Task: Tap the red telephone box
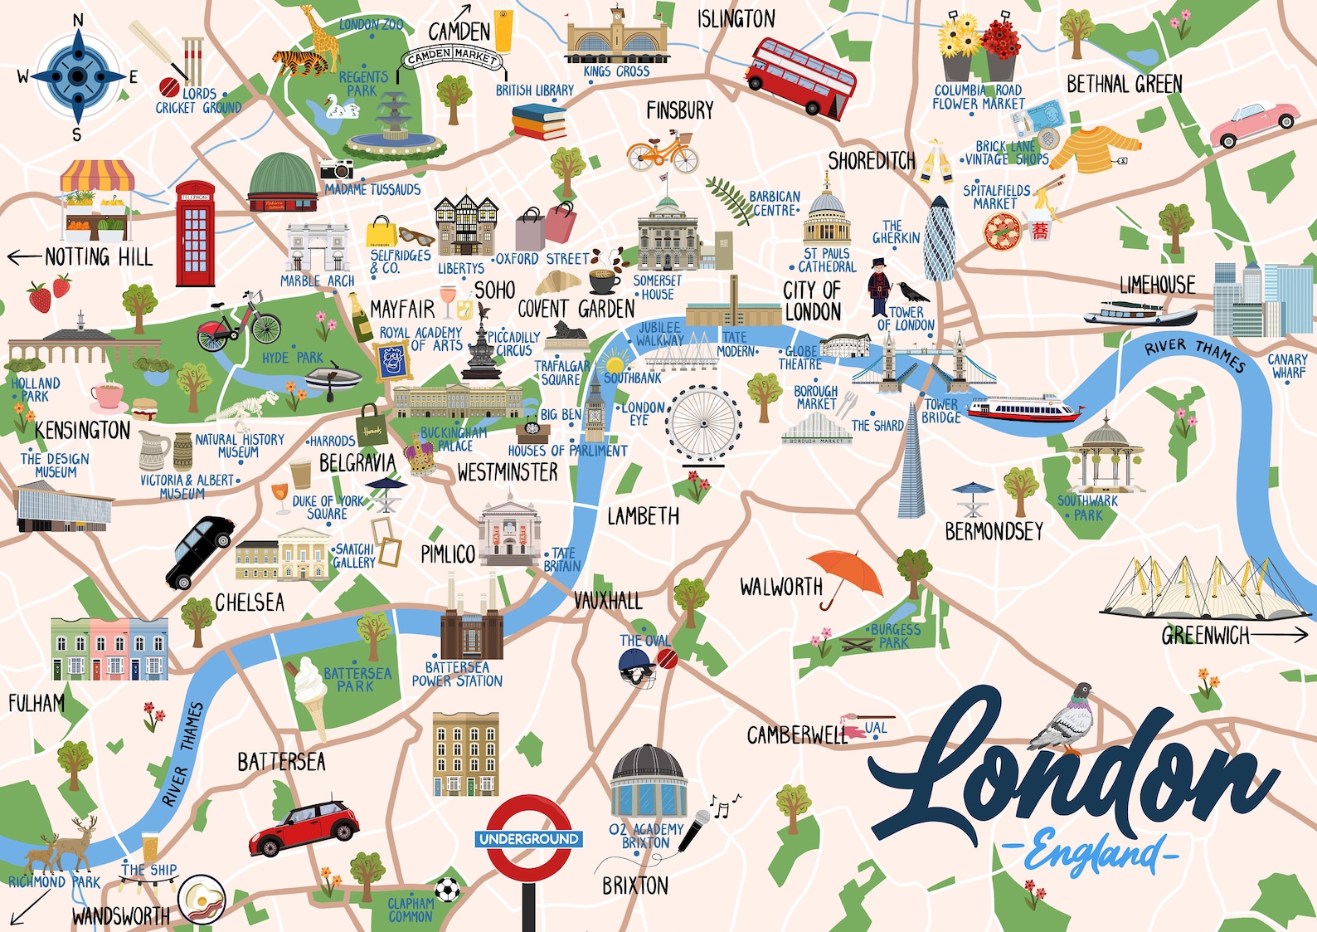click(195, 233)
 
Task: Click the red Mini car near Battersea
click(304, 827)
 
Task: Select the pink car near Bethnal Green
click(1253, 124)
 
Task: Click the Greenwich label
click(1205, 636)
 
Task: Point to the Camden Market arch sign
click(452, 56)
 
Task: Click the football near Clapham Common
click(447, 890)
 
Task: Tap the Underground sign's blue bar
click(529, 839)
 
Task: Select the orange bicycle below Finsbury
click(662, 153)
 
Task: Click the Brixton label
click(635, 886)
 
